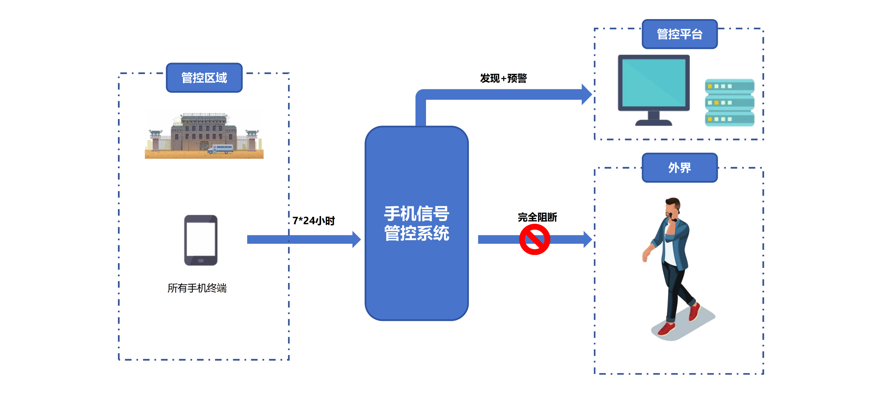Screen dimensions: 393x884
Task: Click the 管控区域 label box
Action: pos(204,78)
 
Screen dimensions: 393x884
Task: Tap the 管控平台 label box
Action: pos(679,34)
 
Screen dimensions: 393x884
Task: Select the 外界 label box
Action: pos(679,168)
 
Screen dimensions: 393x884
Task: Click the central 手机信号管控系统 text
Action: pos(416,223)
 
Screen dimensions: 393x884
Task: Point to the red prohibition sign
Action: pos(534,239)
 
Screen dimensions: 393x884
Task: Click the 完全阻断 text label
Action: pos(537,217)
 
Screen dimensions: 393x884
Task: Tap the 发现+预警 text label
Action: pos(503,78)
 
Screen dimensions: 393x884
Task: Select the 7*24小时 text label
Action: pos(313,221)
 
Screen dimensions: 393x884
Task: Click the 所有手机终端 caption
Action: pos(197,288)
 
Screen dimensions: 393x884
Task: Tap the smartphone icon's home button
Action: pos(201,261)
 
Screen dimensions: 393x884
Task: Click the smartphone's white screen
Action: pos(201,239)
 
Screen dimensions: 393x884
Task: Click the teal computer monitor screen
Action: pos(654,82)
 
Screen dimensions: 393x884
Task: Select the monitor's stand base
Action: pos(653,122)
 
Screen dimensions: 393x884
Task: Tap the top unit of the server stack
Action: pos(730,86)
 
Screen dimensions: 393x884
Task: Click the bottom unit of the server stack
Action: pos(730,119)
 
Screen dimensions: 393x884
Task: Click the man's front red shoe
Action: pos(666,329)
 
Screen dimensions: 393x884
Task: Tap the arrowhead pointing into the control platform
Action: pos(587,95)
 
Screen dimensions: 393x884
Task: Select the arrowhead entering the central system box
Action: pos(357,239)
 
